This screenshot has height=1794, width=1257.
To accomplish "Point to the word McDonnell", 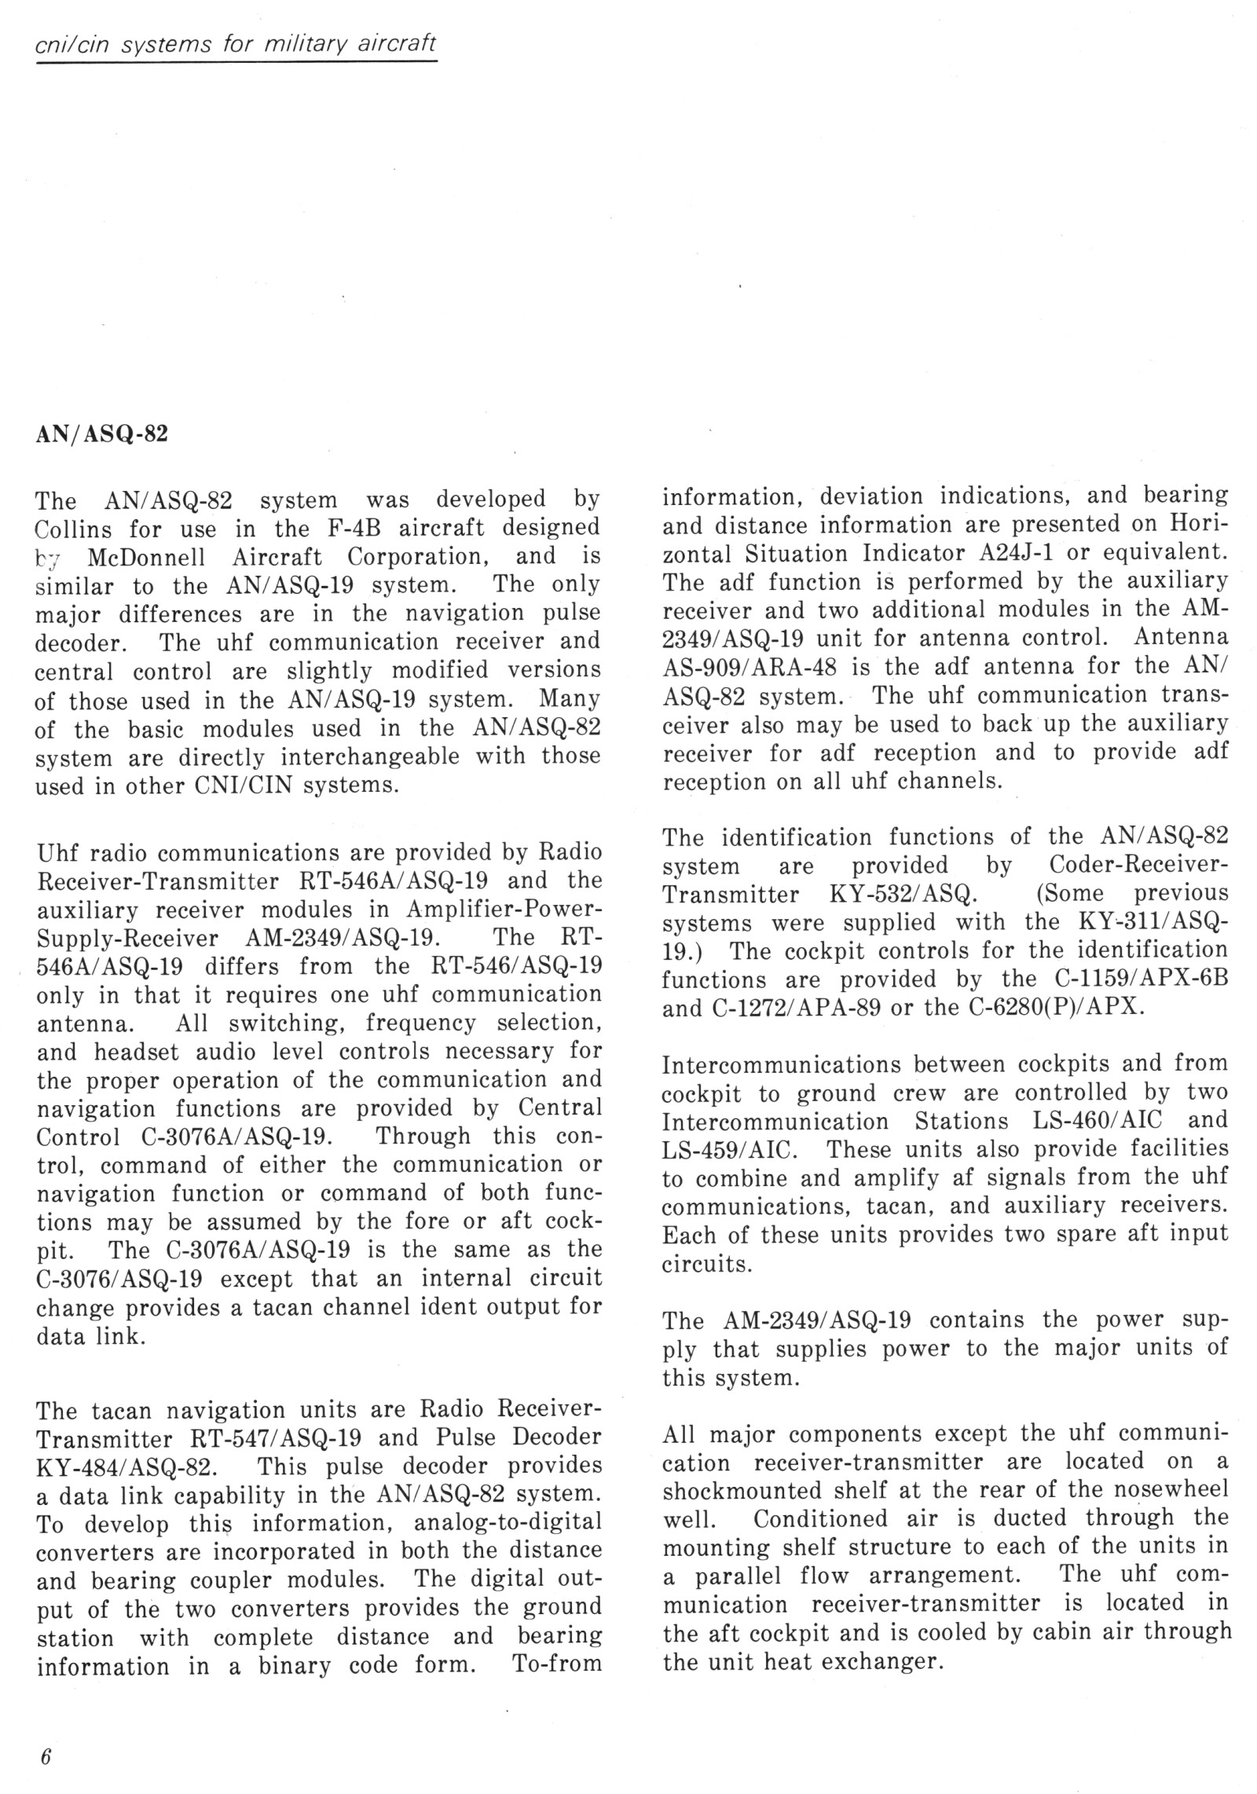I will pos(147,557).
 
